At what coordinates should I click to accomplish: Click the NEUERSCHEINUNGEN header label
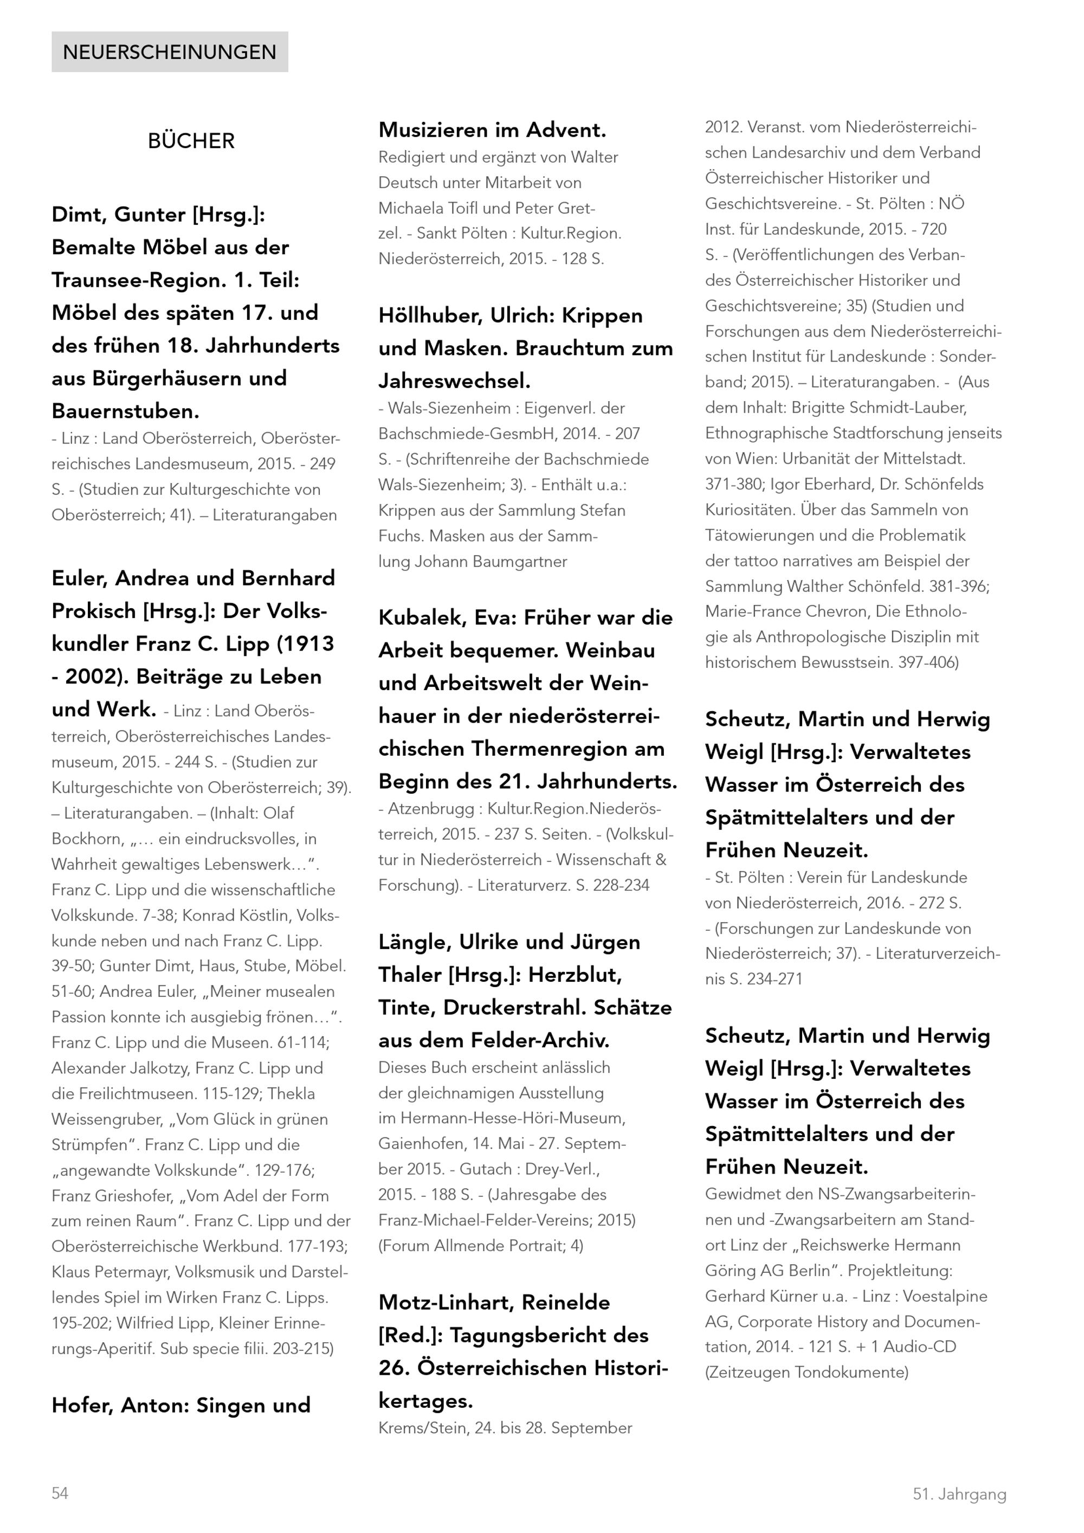[170, 52]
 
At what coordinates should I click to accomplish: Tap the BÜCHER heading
[191, 141]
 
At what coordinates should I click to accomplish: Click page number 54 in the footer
[60, 1493]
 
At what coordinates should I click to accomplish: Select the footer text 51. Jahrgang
[959, 1495]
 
